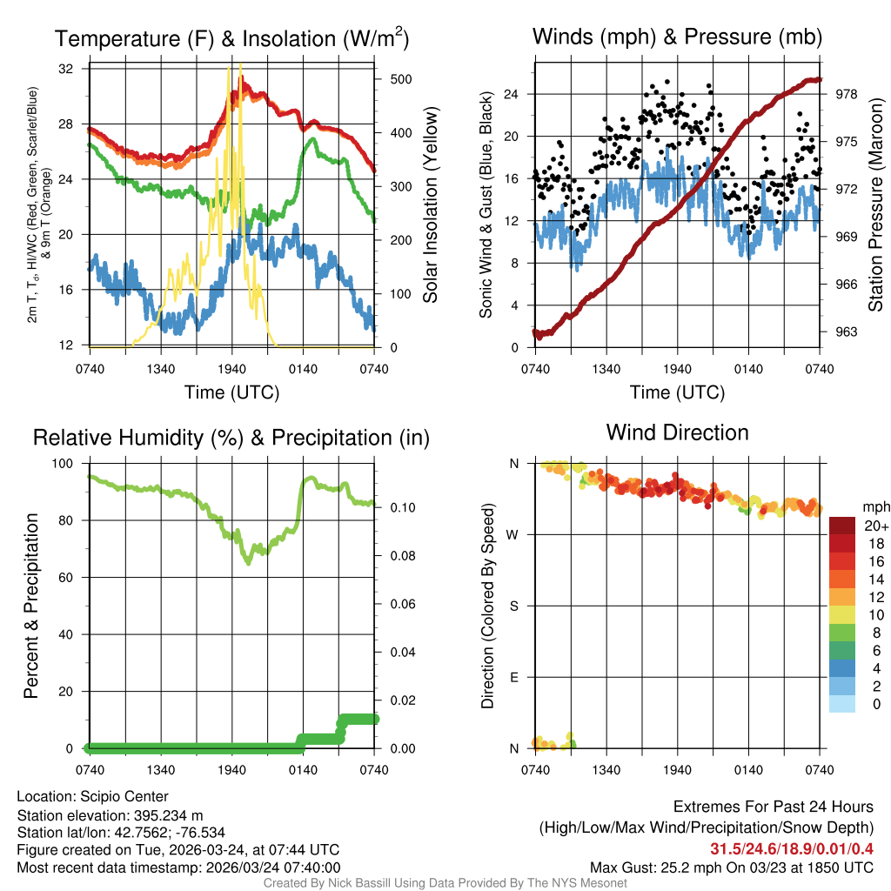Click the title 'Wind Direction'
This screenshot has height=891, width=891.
(x=677, y=432)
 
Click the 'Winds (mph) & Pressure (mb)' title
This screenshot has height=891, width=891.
(x=677, y=37)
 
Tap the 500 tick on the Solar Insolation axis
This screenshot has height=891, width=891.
(x=400, y=79)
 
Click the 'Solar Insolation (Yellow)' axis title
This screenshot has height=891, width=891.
(x=430, y=204)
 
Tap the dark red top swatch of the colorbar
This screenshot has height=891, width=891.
(x=842, y=526)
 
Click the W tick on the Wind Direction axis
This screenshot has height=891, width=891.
(x=513, y=534)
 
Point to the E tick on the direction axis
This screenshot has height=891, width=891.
(x=514, y=677)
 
